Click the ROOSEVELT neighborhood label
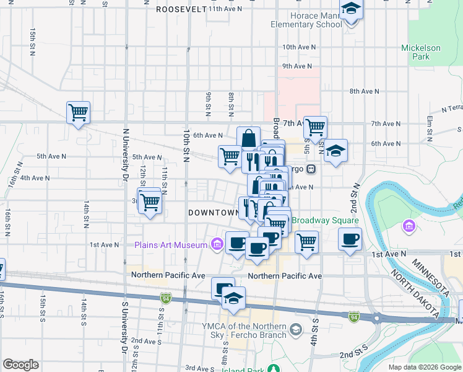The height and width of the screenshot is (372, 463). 181,9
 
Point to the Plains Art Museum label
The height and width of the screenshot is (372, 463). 171,245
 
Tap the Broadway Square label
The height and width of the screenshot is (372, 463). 324,220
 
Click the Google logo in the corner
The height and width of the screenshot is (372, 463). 20,365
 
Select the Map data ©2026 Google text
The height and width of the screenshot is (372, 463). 424,367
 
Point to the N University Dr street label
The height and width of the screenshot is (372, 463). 126,156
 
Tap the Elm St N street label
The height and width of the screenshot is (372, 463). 429,127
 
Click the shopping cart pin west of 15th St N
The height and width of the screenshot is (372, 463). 79,113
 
